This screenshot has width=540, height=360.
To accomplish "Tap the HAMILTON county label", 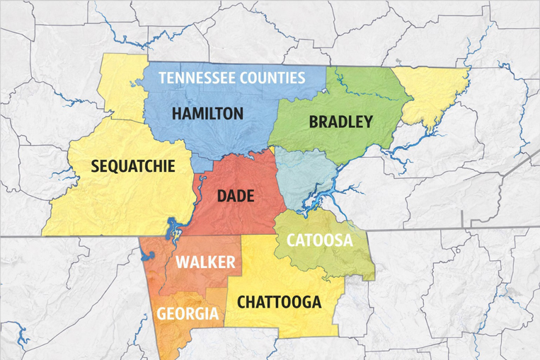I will click(x=208, y=113).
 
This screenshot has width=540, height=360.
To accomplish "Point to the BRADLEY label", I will click(x=340, y=122).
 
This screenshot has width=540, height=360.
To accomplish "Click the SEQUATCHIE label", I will click(x=133, y=167).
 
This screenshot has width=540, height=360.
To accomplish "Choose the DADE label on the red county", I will click(x=236, y=196).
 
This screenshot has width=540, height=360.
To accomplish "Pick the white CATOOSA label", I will click(x=319, y=240).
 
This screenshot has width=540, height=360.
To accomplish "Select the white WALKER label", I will click(x=205, y=263).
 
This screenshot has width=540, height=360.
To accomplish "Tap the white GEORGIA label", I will click(x=188, y=313).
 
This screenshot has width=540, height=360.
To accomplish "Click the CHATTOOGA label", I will click(x=279, y=302).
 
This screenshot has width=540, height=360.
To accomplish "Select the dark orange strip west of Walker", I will click(x=151, y=283).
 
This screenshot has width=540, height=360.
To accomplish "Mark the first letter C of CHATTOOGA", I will click(x=242, y=302).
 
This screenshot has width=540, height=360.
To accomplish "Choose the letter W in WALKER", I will click(x=183, y=263).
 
